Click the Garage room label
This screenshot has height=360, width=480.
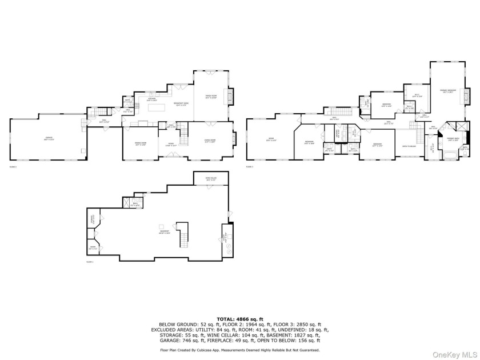(47, 138)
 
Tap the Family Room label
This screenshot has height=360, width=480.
(211, 97)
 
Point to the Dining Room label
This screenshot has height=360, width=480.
(140, 144)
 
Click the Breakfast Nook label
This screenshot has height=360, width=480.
(181, 104)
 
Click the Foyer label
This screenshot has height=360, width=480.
(170, 144)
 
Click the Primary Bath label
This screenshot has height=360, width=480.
(454, 139)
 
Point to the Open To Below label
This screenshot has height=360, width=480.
(409, 146)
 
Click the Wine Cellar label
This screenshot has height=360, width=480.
(211, 179)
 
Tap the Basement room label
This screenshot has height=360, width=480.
(165, 232)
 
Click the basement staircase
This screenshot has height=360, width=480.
(183, 234)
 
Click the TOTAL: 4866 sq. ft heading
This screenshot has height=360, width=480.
(239, 318)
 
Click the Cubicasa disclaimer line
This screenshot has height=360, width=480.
(239, 349)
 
